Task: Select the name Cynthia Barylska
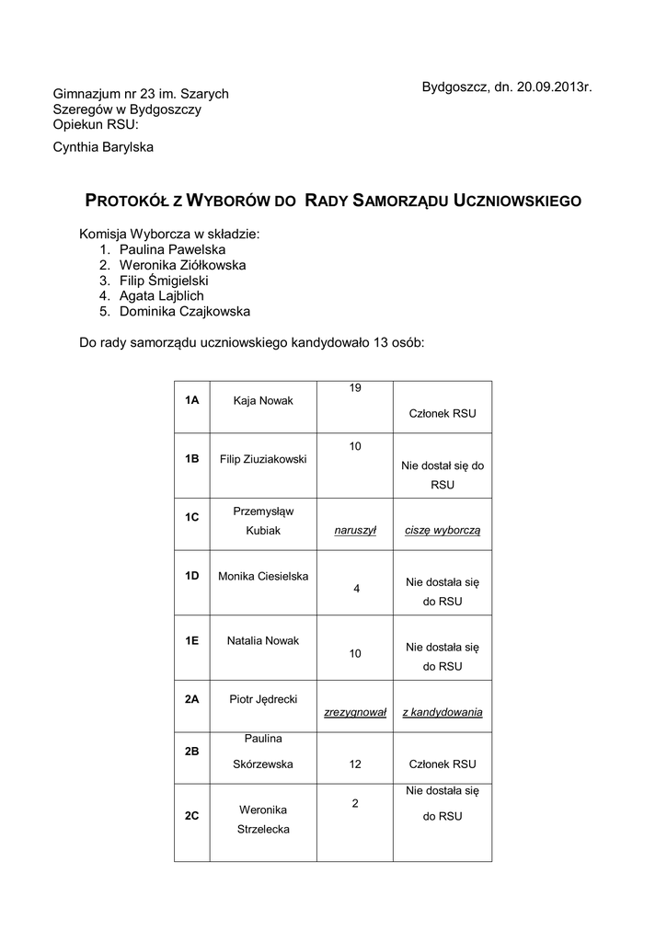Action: pos(103,146)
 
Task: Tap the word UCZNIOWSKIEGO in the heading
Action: pos(518,200)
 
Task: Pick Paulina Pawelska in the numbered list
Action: pos(172,249)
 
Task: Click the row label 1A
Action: pos(191,400)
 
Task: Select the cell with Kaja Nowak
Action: pos(263,400)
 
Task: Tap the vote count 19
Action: pos(354,388)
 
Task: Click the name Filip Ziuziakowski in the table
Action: pos(263,458)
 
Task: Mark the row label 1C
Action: pos(191,517)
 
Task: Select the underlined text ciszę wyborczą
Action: pos(443,531)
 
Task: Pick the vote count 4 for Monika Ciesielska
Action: pos(356,589)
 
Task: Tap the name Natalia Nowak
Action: pos(263,640)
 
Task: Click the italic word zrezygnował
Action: pos(354,712)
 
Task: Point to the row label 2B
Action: pos(191,752)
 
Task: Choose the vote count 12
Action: pos(354,764)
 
